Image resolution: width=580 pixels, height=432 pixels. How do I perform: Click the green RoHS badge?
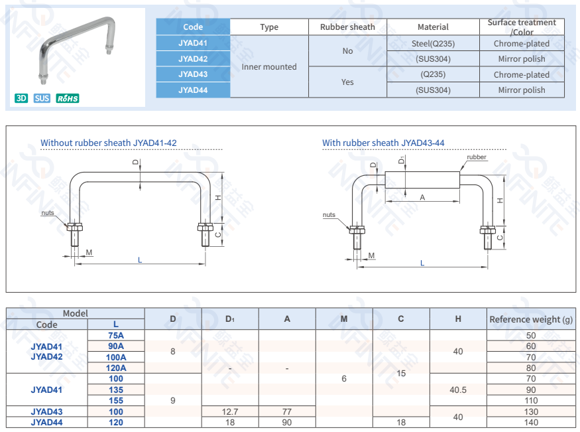click(x=68, y=99)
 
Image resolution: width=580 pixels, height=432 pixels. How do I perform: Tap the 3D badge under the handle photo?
click(x=21, y=99)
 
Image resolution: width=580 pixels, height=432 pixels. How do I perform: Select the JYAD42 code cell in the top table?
click(x=193, y=59)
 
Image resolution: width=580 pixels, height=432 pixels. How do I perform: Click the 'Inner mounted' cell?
click(x=269, y=66)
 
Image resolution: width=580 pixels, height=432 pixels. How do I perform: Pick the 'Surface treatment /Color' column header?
click(x=522, y=27)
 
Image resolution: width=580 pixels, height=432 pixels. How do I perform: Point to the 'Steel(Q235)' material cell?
click(x=433, y=44)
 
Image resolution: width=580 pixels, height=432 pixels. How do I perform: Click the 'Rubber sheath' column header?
click(x=347, y=27)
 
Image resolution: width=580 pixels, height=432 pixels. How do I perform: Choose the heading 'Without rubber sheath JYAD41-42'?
click(x=109, y=143)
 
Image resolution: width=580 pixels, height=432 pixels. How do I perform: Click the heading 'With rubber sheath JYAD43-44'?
click(x=383, y=143)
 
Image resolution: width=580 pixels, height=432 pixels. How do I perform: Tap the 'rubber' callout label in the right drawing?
click(x=477, y=157)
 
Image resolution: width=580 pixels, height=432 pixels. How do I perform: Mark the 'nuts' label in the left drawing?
click(x=48, y=212)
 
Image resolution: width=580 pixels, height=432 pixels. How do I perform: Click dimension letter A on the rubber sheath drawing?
click(x=422, y=198)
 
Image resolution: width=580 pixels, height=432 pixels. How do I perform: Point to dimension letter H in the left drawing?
click(x=218, y=198)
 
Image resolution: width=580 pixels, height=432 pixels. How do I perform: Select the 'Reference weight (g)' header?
click(x=531, y=319)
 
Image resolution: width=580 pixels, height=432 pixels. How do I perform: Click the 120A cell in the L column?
click(x=116, y=368)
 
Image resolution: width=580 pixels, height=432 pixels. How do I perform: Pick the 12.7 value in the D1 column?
click(x=230, y=411)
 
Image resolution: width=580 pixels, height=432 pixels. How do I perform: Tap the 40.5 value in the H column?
click(x=458, y=390)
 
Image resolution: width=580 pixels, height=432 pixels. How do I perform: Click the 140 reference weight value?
click(x=531, y=422)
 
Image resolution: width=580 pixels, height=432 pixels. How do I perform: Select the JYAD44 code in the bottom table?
click(x=46, y=422)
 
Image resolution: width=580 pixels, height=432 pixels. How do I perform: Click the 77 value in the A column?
click(x=287, y=411)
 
